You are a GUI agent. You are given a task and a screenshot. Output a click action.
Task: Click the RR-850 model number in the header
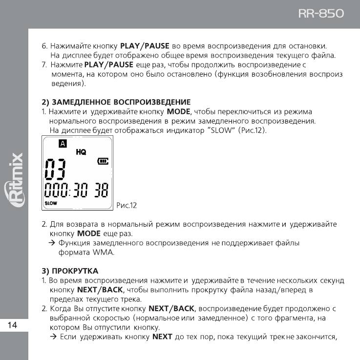(321, 13)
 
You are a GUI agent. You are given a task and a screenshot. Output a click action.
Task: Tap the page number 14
(13, 325)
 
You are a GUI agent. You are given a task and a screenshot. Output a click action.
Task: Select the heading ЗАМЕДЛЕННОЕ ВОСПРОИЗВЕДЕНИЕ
(121, 102)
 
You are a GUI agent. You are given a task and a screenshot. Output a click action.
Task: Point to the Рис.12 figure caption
(127, 206)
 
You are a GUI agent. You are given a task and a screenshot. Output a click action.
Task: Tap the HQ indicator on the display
(81, 152)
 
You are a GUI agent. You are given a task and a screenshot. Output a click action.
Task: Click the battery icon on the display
(103, 160)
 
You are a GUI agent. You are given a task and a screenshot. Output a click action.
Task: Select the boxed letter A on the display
(62, 143)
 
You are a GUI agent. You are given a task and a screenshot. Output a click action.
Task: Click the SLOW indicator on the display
(51, 202)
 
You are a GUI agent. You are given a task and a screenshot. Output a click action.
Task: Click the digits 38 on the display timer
(101, 190)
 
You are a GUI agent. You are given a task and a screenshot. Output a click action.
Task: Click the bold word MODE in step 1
(178, 111)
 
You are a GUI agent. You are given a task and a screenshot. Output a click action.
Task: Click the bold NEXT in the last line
(162, 337)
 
